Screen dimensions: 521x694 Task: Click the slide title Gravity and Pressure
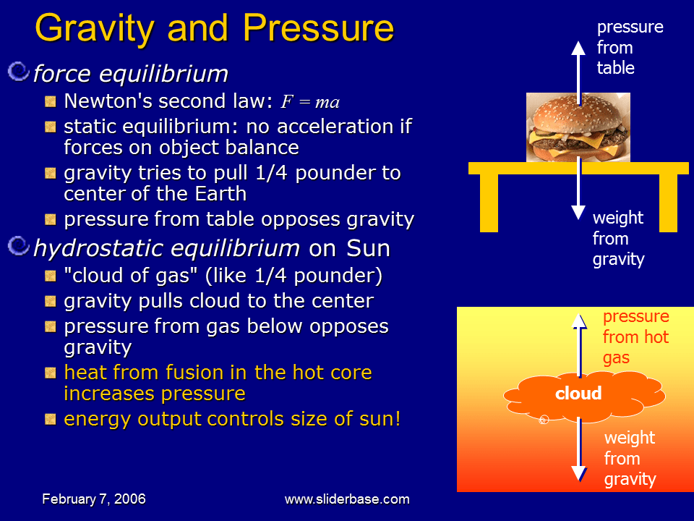pyautogui.click(x=214, y=29)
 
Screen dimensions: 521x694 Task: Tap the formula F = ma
pyautogui.click(x=310, y=102)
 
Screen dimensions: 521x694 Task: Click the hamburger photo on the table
pyautogui.click(x=578, y=127)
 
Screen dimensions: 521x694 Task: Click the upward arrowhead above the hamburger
pyautogui.click(x=578, y=48)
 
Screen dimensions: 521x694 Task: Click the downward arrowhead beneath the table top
pyautogui.click(x=578, y=211)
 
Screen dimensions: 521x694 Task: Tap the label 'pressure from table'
pyautogui.click(x=629, y=48)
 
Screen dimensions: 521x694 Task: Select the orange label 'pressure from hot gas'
pyautogui.click(x=635, y=337)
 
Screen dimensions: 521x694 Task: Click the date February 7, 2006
pyautogui.click(x=94, y=499)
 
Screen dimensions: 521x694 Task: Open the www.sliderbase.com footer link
pyautogui.click(x=347, y=499)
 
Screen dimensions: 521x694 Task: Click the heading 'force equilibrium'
pyautogui.click(x=131, y=74)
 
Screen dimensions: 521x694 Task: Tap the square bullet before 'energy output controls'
pyautogui.click(x=50, y=420)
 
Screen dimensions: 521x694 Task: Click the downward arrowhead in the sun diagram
pyautogui.click(x=578, y=474)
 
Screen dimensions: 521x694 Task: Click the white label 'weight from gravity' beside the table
pyautogui.click(x=619, y=239)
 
